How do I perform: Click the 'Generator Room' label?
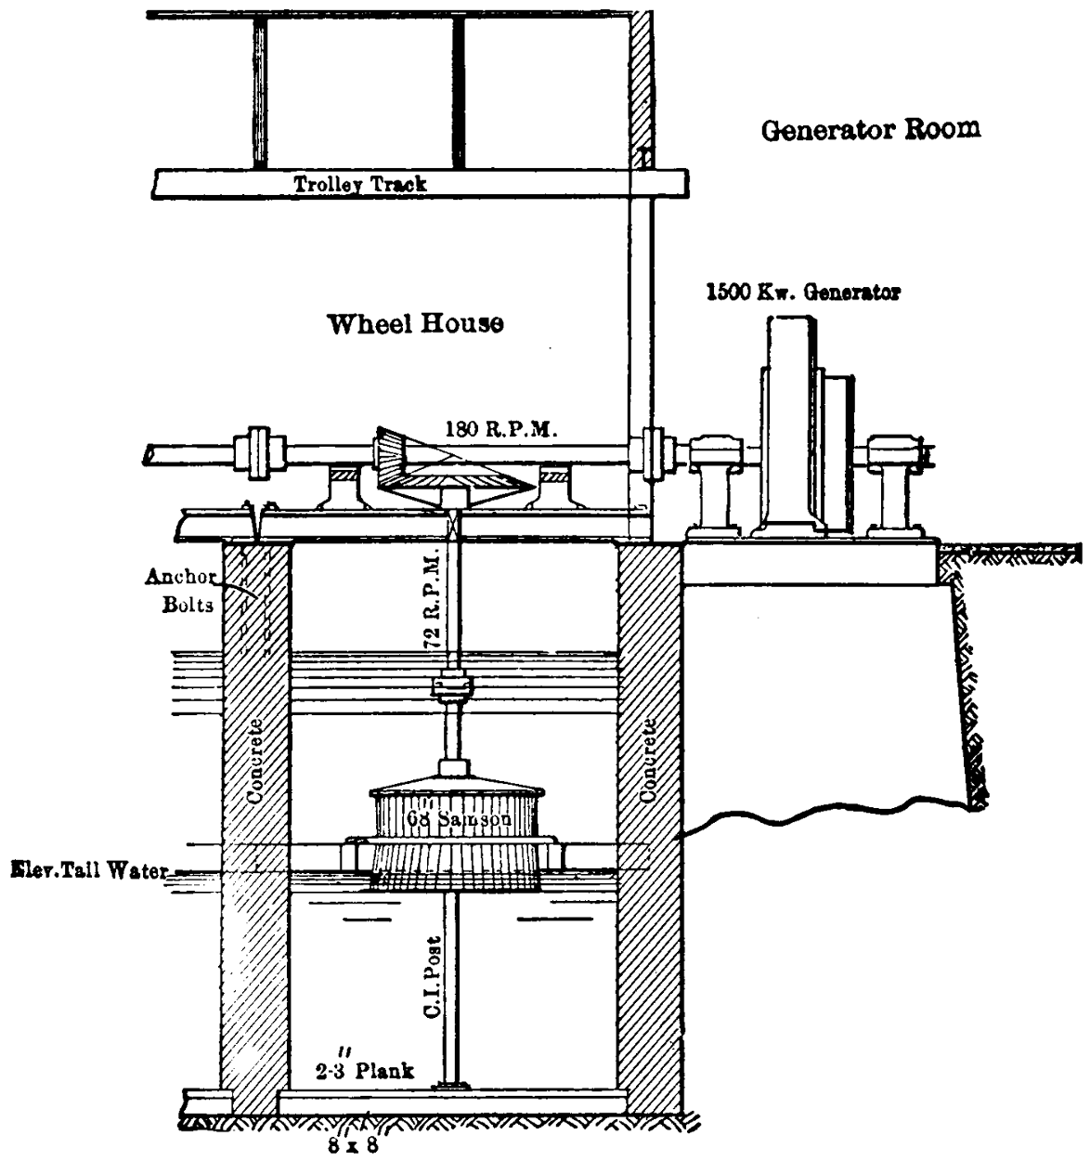coord(870,129)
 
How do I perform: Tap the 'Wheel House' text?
coord(415,324)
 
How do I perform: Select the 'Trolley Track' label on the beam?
coord(360,184)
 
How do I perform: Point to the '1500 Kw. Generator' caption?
coord(802,293)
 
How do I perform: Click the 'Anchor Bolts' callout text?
coord(179,591)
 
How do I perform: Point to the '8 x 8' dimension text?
coord(353,1145)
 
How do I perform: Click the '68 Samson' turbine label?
coord(459,820)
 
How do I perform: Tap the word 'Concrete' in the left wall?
coord(255,760)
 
